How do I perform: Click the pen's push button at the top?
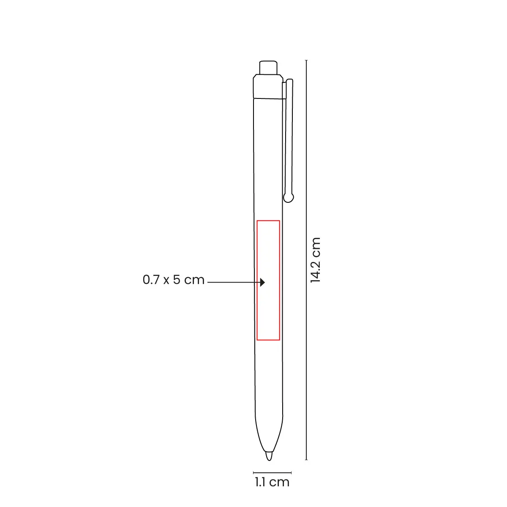(268, 68)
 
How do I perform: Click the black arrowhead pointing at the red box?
(262, 282)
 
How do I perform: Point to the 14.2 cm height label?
(315, 260)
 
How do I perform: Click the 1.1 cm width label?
(272, 482)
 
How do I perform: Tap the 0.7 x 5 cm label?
(173, 280)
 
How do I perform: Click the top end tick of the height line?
(306, 60)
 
